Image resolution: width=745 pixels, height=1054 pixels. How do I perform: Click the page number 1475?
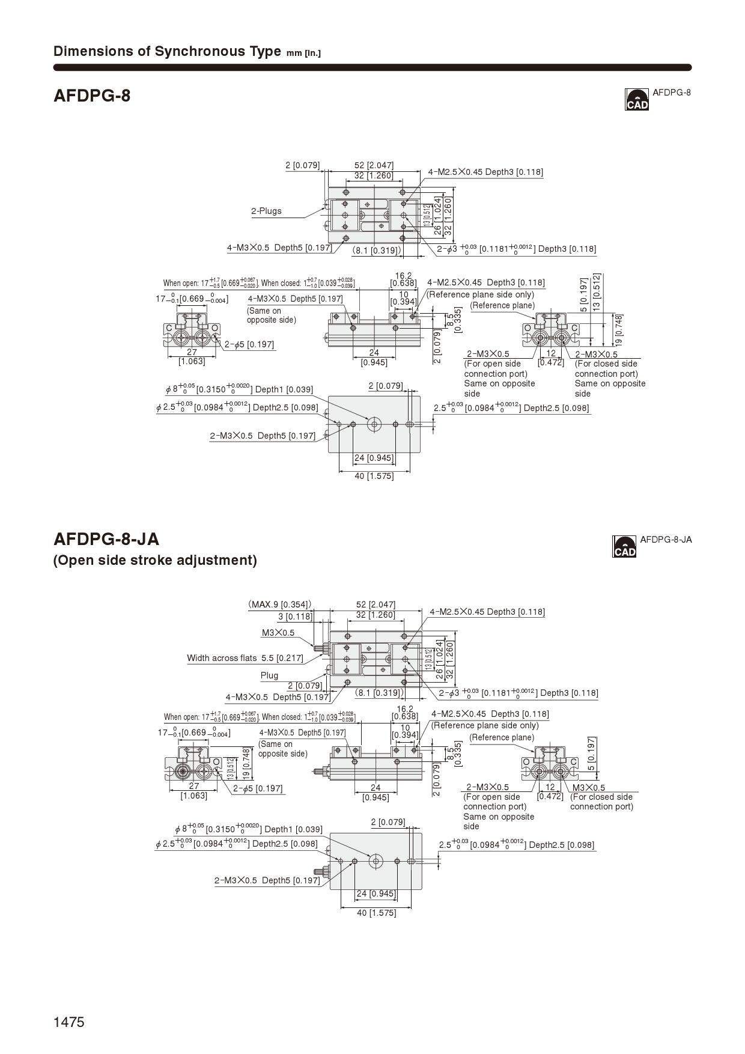pyautogui.click(x=69, y=1022)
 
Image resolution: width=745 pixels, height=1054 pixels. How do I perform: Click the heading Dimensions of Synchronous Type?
pyautogui.click(x=167, y=51)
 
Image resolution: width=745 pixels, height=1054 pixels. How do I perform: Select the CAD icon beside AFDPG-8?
pyautogui.click(x=637, y=100)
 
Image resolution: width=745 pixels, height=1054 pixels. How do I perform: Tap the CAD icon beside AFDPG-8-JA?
pyautogui.click(x=624, y=547)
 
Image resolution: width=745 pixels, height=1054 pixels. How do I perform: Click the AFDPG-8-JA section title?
pyautogui.click(x=106, y=538)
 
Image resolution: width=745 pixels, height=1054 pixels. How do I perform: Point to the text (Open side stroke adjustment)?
pyautogui.click(x=155, y=560)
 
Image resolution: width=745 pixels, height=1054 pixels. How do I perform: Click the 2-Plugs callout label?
pyautogui.click(x=266, y=211)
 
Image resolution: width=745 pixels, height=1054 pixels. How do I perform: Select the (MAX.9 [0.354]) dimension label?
pyautogui.click(x=280, y=605)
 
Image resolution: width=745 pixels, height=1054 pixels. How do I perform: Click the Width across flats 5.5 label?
pyautogui.click(x=245, y=658)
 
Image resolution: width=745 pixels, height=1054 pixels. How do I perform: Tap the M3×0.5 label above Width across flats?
pyautogui.click(x=278, y=633)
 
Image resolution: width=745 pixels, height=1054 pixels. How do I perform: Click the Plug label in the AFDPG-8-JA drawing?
pyautogui.click(x=269, y=675)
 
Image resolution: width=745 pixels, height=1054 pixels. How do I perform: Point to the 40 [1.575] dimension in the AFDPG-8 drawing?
pyautogui.click(x=374, y=476)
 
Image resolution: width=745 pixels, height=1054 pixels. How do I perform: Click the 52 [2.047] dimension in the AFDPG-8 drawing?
pyautogui.click(x=374, y=165)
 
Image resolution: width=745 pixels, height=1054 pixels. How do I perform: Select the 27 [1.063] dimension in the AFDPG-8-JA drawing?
pyautogui.click(x=194, y=791)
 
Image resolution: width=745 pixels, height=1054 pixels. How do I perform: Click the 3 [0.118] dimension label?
pyautogui.click(x=295, y=617)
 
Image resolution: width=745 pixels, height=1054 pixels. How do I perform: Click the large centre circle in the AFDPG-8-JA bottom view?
pyautogui.click(x=376, y=861)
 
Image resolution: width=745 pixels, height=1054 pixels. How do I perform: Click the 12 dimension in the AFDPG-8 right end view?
pyautogui.click(x=551, y=354)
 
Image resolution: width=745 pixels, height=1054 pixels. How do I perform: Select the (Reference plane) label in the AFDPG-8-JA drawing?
pyautogui.click(x=502, y=737)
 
